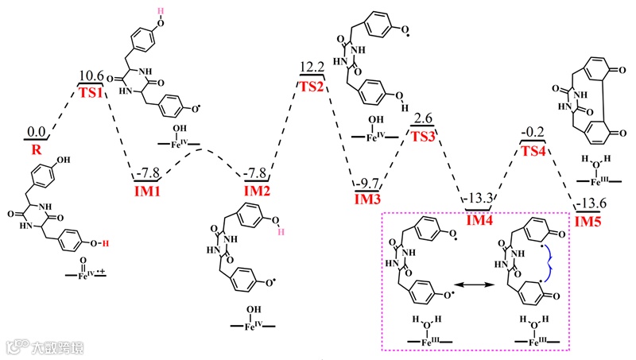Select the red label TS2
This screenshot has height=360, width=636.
point(312,86)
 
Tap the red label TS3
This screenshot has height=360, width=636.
point(422,136)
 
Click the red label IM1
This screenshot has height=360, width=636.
point(148,188)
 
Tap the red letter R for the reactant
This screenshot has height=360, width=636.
point(36,148)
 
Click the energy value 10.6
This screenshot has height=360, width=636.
point(91,75)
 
